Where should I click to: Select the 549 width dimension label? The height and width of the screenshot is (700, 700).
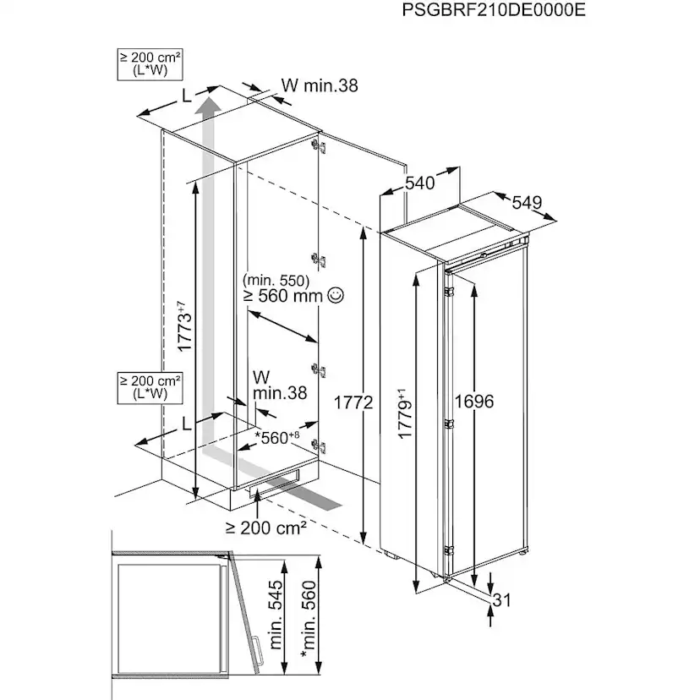pyautogui.click(x=526, y=203)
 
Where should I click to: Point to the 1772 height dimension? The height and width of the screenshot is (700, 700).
pyautogui.click(x=354, y=402)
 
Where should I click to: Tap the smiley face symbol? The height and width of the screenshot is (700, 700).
pyautogui.click(x=336, y=295)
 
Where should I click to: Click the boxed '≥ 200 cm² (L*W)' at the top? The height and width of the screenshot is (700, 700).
pyautogui.click(x=150, y=63)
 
